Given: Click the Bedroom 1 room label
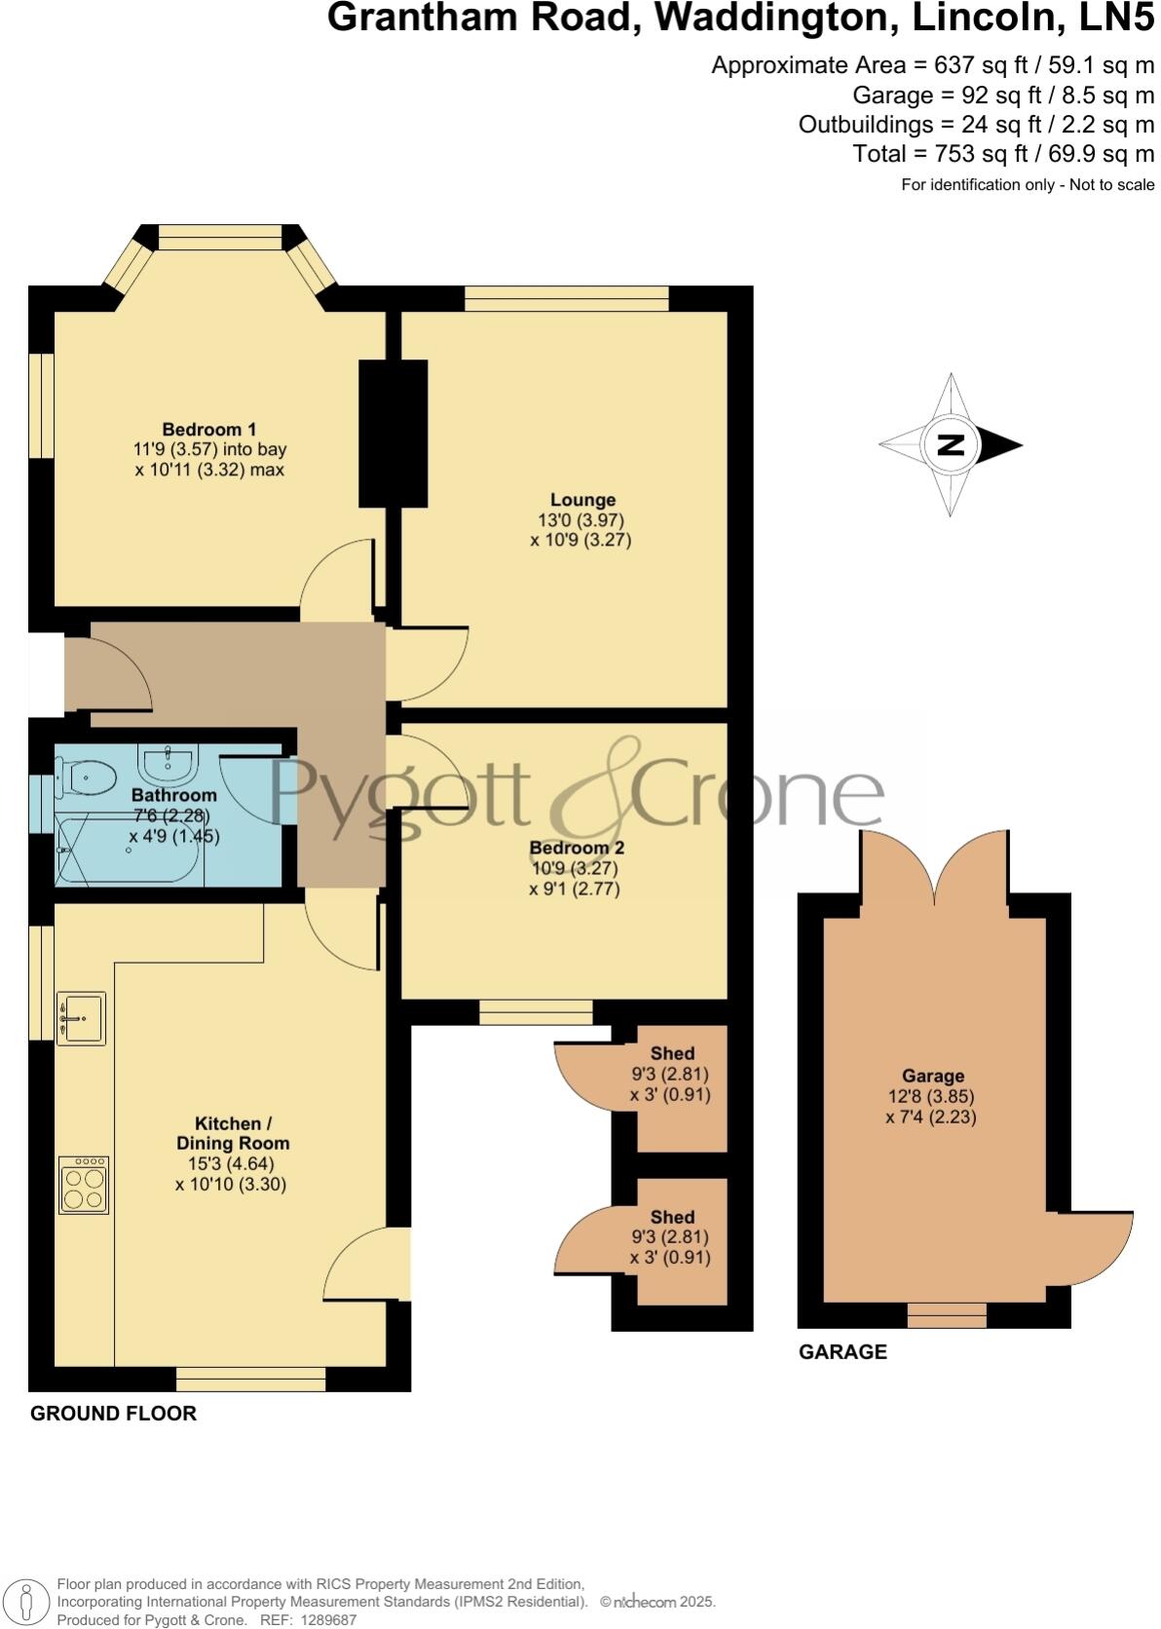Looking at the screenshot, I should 209,430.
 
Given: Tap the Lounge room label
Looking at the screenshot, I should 582,501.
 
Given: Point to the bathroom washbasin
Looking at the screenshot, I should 169,759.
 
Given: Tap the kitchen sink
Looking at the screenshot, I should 81,1018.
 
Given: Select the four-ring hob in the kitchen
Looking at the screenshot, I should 84,1184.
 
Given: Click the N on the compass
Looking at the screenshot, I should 950,445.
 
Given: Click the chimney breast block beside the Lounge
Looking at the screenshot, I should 393,434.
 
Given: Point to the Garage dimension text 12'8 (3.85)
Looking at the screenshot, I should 933,1096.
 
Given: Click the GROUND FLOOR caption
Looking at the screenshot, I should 113,1413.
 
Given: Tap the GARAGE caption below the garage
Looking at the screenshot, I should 843,1351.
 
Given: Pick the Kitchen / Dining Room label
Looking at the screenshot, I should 233,1133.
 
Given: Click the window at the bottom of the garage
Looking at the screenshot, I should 947,1315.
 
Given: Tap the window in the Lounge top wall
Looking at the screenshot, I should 567,298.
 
